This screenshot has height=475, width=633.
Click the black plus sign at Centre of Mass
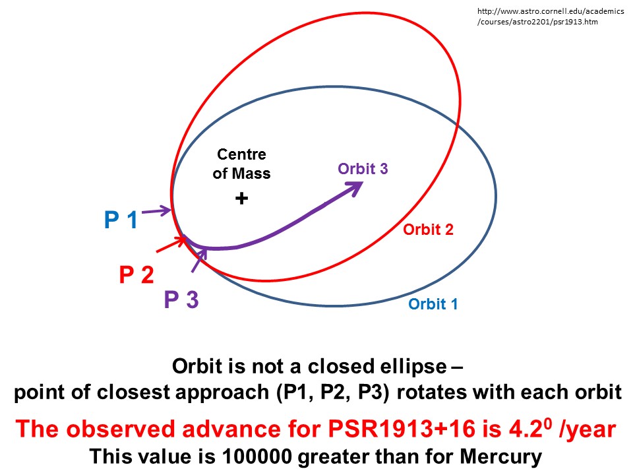[242, 198]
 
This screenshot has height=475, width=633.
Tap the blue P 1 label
[121, 220]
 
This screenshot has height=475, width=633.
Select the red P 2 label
[136, 274]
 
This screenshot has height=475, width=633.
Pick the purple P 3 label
[181, 300]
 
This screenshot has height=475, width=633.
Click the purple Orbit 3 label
[363, 168]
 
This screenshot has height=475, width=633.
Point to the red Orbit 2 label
[428, 230]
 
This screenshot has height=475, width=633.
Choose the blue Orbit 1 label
[433, 304]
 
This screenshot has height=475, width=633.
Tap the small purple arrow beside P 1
[156, 211]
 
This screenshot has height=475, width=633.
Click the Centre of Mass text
[242, 164]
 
